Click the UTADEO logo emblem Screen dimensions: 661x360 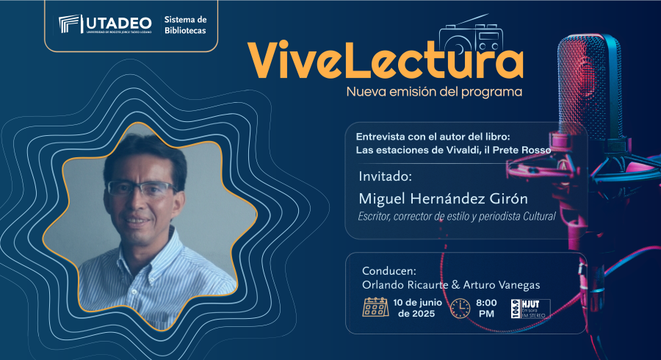69,24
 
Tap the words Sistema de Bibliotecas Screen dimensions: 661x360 186,25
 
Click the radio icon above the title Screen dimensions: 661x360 471,35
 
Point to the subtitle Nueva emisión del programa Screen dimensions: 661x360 434,92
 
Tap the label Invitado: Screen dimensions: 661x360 385,176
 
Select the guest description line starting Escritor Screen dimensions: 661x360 457,217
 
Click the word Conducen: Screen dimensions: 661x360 389,270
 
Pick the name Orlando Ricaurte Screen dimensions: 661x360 405,285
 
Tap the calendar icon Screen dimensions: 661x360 375,307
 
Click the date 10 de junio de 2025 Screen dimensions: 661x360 417,308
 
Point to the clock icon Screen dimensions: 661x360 460,308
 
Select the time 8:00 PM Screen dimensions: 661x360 486,308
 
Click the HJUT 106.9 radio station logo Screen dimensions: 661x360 531,309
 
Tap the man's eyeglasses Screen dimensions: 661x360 141,188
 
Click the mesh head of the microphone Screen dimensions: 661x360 590,87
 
